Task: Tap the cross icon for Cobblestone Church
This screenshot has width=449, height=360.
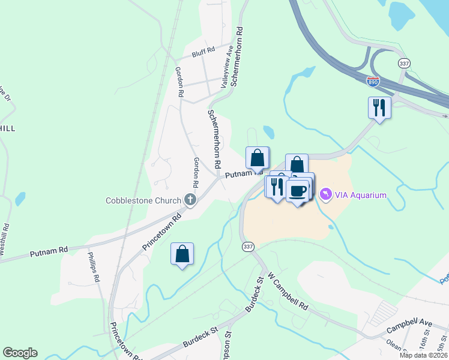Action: [x=190, y=200]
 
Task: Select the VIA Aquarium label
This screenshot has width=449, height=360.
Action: [x=361, y=195]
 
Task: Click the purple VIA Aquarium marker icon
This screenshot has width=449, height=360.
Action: [x=325, y=194]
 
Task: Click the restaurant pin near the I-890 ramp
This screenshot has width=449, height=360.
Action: [x=379, y=107]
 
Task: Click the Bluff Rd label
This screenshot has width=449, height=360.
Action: [x=203, y=53]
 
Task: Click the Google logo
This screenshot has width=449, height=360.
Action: [x=20, y=353]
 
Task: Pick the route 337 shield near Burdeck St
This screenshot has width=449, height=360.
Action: [x=249, y=247]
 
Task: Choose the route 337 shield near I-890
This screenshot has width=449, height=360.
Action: [x=404, y=62]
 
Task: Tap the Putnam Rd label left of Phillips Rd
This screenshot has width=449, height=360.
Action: [x=49, y=251]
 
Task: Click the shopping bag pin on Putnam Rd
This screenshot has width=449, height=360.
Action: [x=257, y=158]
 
